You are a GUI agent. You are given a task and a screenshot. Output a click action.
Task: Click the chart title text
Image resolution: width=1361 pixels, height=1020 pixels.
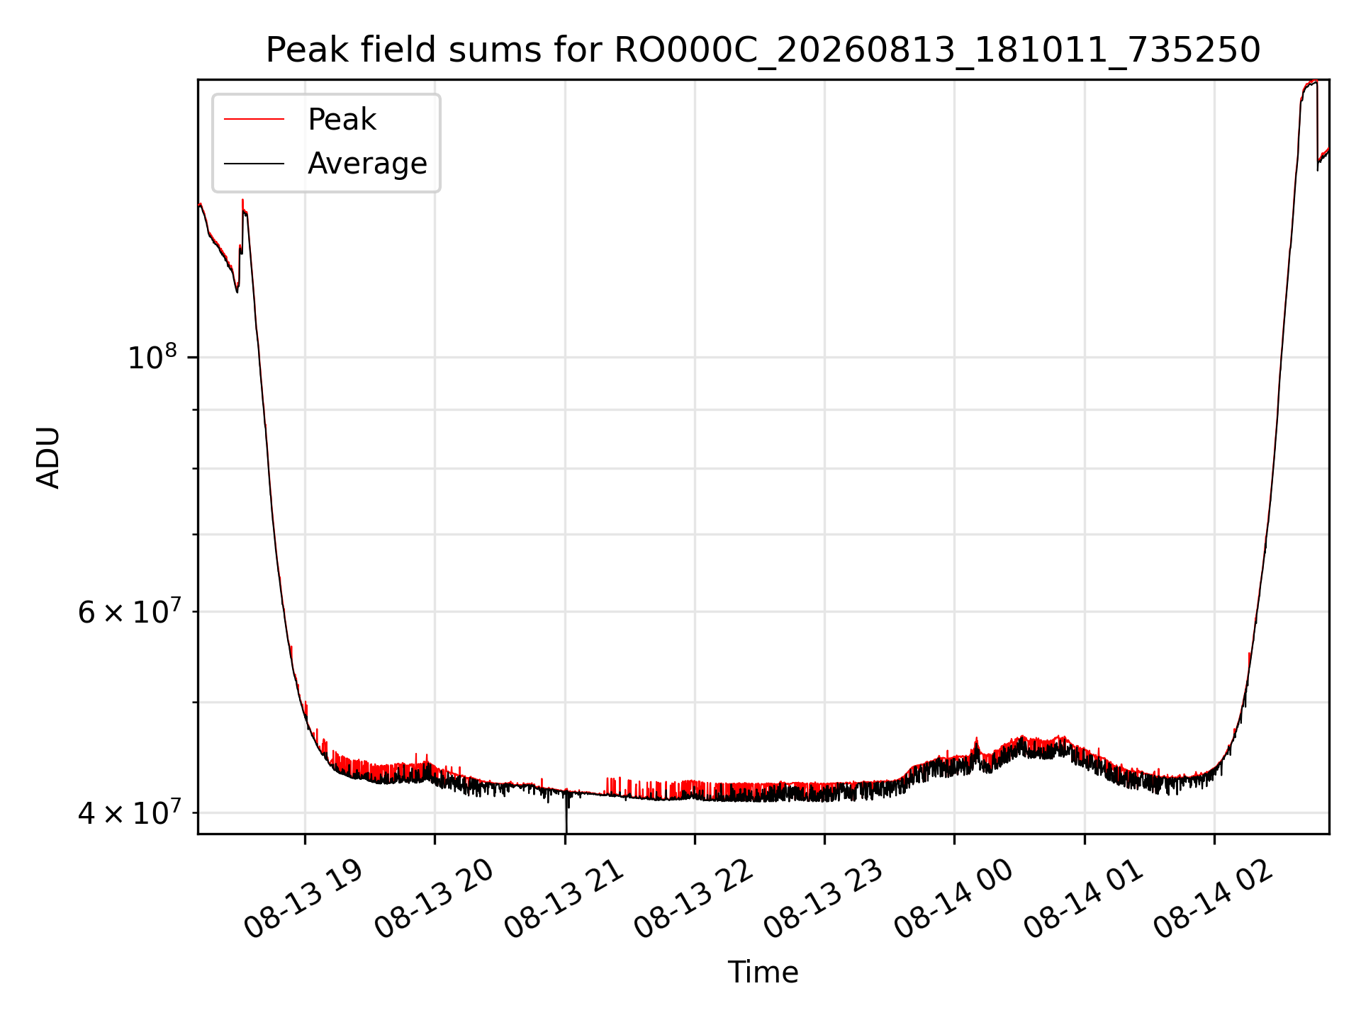click(x=763, y=50)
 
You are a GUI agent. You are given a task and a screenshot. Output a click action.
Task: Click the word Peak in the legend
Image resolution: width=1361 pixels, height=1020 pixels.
click(x=342, y=120)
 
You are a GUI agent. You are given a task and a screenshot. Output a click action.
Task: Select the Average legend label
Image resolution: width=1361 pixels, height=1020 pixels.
click(x=367, y=164)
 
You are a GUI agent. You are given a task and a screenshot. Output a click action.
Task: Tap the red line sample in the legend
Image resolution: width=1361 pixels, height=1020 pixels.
click(x=254, y=120)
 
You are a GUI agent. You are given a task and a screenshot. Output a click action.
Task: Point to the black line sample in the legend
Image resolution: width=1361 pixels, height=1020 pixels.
click(x=254, y=164)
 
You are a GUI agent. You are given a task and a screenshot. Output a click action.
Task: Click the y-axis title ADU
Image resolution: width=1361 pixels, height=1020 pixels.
click(x=48, y=457)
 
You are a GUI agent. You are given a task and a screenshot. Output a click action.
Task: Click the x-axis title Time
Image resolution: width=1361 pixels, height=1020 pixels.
click(x=763, y=973)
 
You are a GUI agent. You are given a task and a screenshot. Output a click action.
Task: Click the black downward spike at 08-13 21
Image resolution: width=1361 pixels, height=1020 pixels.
click(x=566, y=815)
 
